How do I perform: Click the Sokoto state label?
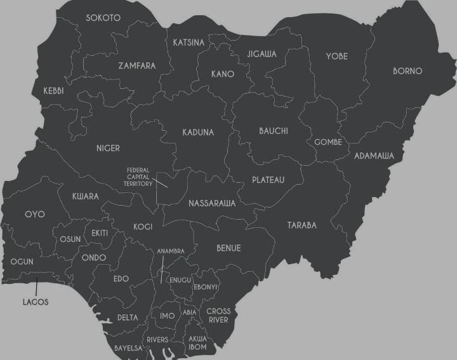pos(103,18)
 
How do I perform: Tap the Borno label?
pos(407,71)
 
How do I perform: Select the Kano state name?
pos(222,74)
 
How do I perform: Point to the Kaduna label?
pos(198,132)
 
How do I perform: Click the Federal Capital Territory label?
pos(139,177)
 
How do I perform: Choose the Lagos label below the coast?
pos(36,302)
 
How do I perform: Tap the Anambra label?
pos(171,251)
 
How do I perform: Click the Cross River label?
pos(218,316)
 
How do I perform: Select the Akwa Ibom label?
pos(198,343)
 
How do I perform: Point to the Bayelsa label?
pos(128,348)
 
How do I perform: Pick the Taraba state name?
pos(301,225)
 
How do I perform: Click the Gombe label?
pos(328,142)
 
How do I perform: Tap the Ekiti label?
pos(100,233)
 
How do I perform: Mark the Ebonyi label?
pos(206,287)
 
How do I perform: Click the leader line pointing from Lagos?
pos(36,285)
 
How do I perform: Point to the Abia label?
pos(189,312)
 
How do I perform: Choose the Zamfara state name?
pos(136,65)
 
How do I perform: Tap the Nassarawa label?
pos(212,204)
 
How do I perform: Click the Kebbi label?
pos(53,91)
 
